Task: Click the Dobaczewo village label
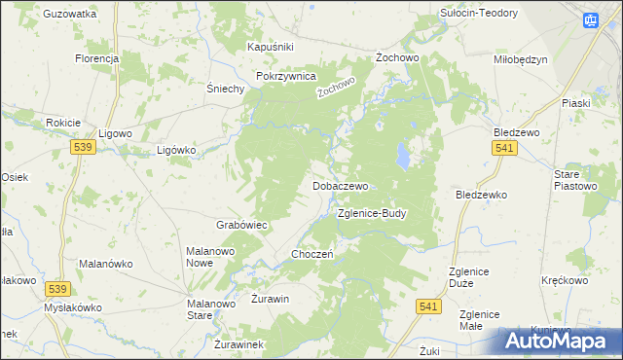[340, 185]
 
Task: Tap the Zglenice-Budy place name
[371, 212]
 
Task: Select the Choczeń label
[313, 254]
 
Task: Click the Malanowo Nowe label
[212, 257]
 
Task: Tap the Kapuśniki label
[271, 47]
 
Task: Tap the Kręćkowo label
[566, 280]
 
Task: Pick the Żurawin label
[271, 299]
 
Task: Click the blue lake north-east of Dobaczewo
[401, 154]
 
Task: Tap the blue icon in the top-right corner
[591, 19]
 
